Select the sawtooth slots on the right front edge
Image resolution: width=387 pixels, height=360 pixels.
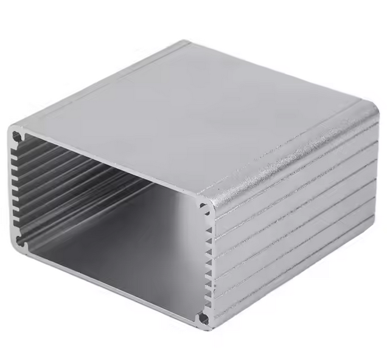pyautogui.click(x=209, y=262)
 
